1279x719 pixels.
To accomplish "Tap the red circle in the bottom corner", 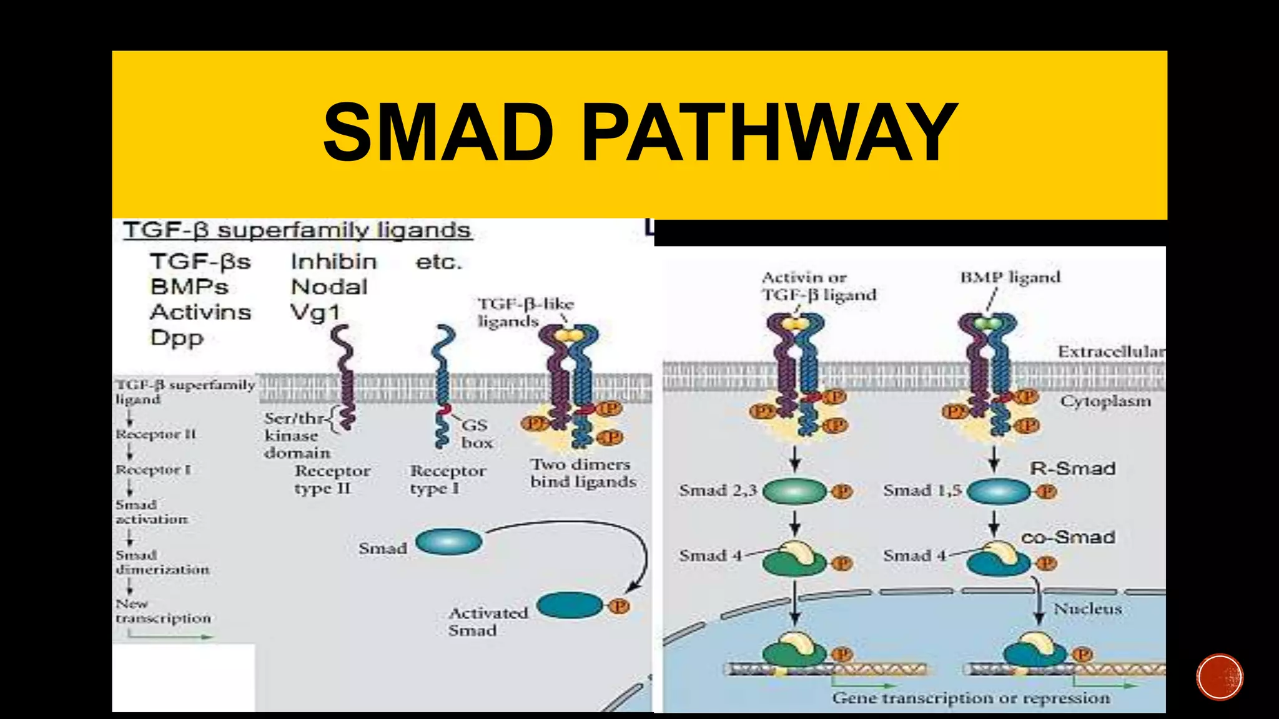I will click(x=1220, y=677).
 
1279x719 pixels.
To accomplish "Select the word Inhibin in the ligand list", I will click(x=333, y=262).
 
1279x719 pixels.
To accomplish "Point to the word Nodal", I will click(x=329, y=287).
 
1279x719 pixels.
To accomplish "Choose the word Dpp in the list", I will click(x=177, y=338).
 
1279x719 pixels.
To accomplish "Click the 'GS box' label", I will click(x=477, y=434).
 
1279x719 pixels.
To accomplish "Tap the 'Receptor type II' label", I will click(x=332, y=479).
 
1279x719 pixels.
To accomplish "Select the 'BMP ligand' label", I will click(x=1010, y=277).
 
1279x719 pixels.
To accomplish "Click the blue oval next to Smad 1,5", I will click(x=998, y=491).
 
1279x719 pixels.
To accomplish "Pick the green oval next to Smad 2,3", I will click(x=794, y=491).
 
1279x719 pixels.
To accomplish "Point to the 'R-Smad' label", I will click(x=1072, y=468).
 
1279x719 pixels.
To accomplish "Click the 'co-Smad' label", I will click(x=1068, y=537).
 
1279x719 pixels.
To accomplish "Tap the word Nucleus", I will click(x=1087, y=609).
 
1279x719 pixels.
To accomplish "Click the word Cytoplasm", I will click(x=1105, y=401).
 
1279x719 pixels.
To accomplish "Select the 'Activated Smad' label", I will click(x=487, y=622).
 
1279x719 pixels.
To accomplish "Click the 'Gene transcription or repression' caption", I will click(x=970, y=698).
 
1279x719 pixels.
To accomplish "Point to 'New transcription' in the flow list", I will click(x=162, y=611).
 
